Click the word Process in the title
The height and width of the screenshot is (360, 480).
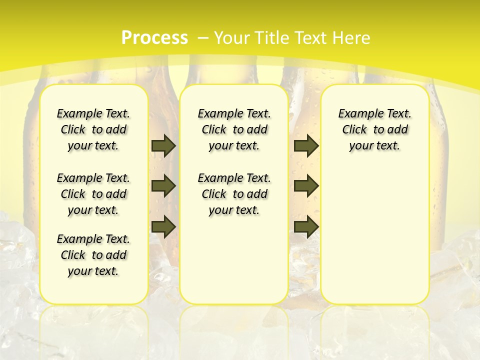point(154,37)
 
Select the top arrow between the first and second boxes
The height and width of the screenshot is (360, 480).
point(163,145)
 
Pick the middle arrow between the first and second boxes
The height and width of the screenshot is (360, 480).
point(163,186)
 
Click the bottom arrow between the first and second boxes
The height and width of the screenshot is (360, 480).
point(163,226)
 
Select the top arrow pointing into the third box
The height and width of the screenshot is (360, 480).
point(306,145)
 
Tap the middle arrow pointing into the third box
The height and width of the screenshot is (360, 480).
point(306,186)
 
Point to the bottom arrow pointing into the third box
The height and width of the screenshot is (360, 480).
point(306,226)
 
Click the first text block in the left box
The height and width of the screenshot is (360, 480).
point(93,129)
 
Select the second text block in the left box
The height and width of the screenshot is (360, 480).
point(93,194)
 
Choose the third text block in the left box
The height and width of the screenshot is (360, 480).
point(93,255)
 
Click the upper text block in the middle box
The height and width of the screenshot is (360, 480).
point(234,129)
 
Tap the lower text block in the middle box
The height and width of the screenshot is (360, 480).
point(234,194)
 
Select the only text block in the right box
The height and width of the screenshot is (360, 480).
point(374,129)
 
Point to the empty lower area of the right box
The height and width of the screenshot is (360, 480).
point(374,235)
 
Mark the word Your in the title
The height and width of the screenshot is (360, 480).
point(232,37)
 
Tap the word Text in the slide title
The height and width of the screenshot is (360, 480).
point(313,37)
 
